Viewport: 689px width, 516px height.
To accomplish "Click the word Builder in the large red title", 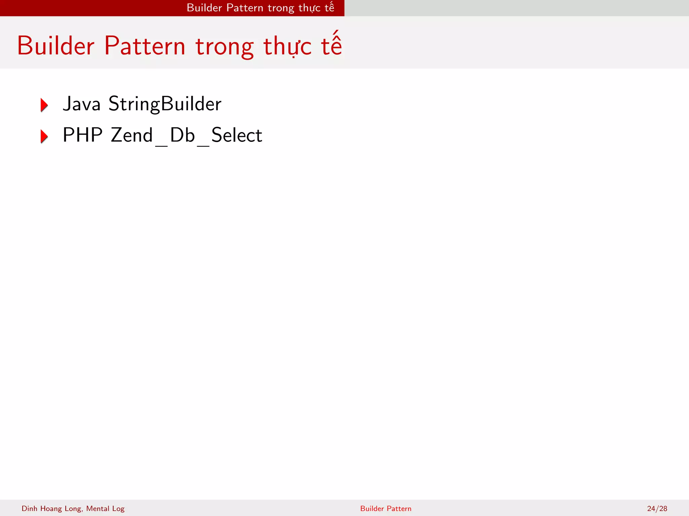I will [x=56, y=46].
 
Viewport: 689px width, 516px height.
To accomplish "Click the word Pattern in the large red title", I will [x=145, y=46].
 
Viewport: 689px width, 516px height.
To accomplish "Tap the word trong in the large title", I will [x=224, y=47].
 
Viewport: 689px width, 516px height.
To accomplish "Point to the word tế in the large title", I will [x=331, y=45].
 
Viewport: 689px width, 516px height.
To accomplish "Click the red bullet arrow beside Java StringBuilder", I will [x=44, y=105].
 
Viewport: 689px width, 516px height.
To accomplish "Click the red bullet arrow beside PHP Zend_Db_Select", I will [x=44, y=136].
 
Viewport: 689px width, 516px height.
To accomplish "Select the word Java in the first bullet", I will [x=82, y=103].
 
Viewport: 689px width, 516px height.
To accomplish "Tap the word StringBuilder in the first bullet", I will [x=165, y=103].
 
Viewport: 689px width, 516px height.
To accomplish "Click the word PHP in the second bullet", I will [x=82, y=135].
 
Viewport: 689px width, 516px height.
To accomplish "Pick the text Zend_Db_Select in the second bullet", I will [x=186, y=135].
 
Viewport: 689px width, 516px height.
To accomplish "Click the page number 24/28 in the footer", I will [x=657, y=508].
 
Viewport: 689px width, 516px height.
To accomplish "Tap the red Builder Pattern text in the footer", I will [x=386, y=508].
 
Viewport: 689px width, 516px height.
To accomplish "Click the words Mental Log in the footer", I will [x=105, y=508].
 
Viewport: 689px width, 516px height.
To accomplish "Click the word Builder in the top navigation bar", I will [x=204, y=8].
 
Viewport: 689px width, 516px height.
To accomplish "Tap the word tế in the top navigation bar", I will [x=329, y=7].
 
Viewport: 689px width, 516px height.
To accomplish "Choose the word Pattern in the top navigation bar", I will [x=245, y=8].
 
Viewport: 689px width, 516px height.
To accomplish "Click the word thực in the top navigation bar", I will [x=310, y=8].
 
